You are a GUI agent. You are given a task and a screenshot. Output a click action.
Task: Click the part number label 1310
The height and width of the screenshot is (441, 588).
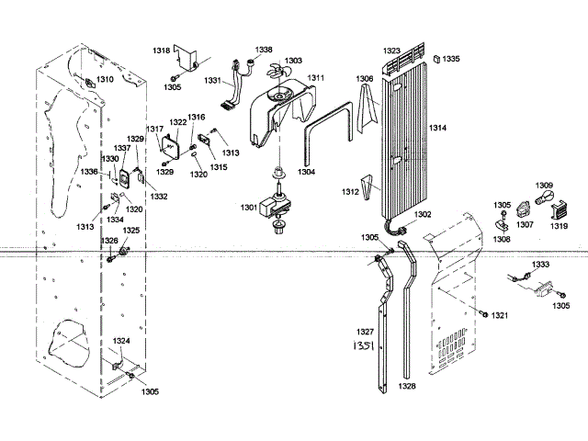pos(106,80)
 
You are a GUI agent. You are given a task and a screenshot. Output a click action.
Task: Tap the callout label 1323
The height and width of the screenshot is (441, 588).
pos(392,51)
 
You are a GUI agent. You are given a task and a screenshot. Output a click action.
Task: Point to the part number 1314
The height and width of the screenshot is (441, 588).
pos(437,128)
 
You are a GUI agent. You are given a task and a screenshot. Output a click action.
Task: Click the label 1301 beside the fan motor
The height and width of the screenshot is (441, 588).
pos(249,208)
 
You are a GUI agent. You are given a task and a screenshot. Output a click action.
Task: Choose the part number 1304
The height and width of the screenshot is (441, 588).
pos(306,171)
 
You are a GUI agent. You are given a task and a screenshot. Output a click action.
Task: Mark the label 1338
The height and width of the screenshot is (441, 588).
pos(264,50)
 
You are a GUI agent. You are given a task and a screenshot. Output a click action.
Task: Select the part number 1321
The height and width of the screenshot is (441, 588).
pos(499,315)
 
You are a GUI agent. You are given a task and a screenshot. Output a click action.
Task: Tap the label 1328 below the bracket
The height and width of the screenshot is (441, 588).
pos(407,386)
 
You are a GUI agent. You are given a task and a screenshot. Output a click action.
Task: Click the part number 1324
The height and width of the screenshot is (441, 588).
pos(121,341)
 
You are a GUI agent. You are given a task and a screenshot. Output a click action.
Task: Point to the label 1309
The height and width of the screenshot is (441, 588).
pos(544,186)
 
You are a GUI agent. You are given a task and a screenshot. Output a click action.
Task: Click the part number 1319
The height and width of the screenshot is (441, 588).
pos(559,225)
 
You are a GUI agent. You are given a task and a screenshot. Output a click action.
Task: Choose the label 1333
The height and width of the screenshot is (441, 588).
pos(541,264)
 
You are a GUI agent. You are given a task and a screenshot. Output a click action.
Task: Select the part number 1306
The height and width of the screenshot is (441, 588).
pos(365,79)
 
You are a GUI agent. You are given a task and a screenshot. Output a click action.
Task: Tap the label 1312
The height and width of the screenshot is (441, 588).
pos(350,192)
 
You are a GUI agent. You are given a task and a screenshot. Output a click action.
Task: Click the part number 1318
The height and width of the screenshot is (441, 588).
pos(162,51)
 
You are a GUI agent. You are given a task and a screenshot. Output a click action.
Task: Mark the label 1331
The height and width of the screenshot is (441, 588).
pos(213,81)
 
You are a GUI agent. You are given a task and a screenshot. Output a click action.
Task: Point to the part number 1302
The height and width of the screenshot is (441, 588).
pos(422,214)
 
